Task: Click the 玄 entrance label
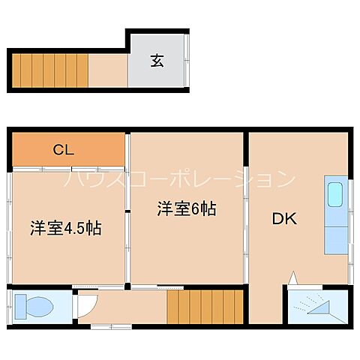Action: [x=157, y=61]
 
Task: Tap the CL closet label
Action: [x=63, y=149]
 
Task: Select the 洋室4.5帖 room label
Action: [x=66, y=228]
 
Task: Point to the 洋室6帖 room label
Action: [x=187, y=209]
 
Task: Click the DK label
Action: [x=284, y=219]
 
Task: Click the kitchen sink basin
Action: [x=334, y=196]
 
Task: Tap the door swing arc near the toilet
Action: [x=87, y=303]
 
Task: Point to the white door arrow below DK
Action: [x=293, y=278]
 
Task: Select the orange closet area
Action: [x=68, y=150]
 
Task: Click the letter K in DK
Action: [x=291, y=219]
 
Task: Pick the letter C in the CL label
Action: [x=58, y=149]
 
